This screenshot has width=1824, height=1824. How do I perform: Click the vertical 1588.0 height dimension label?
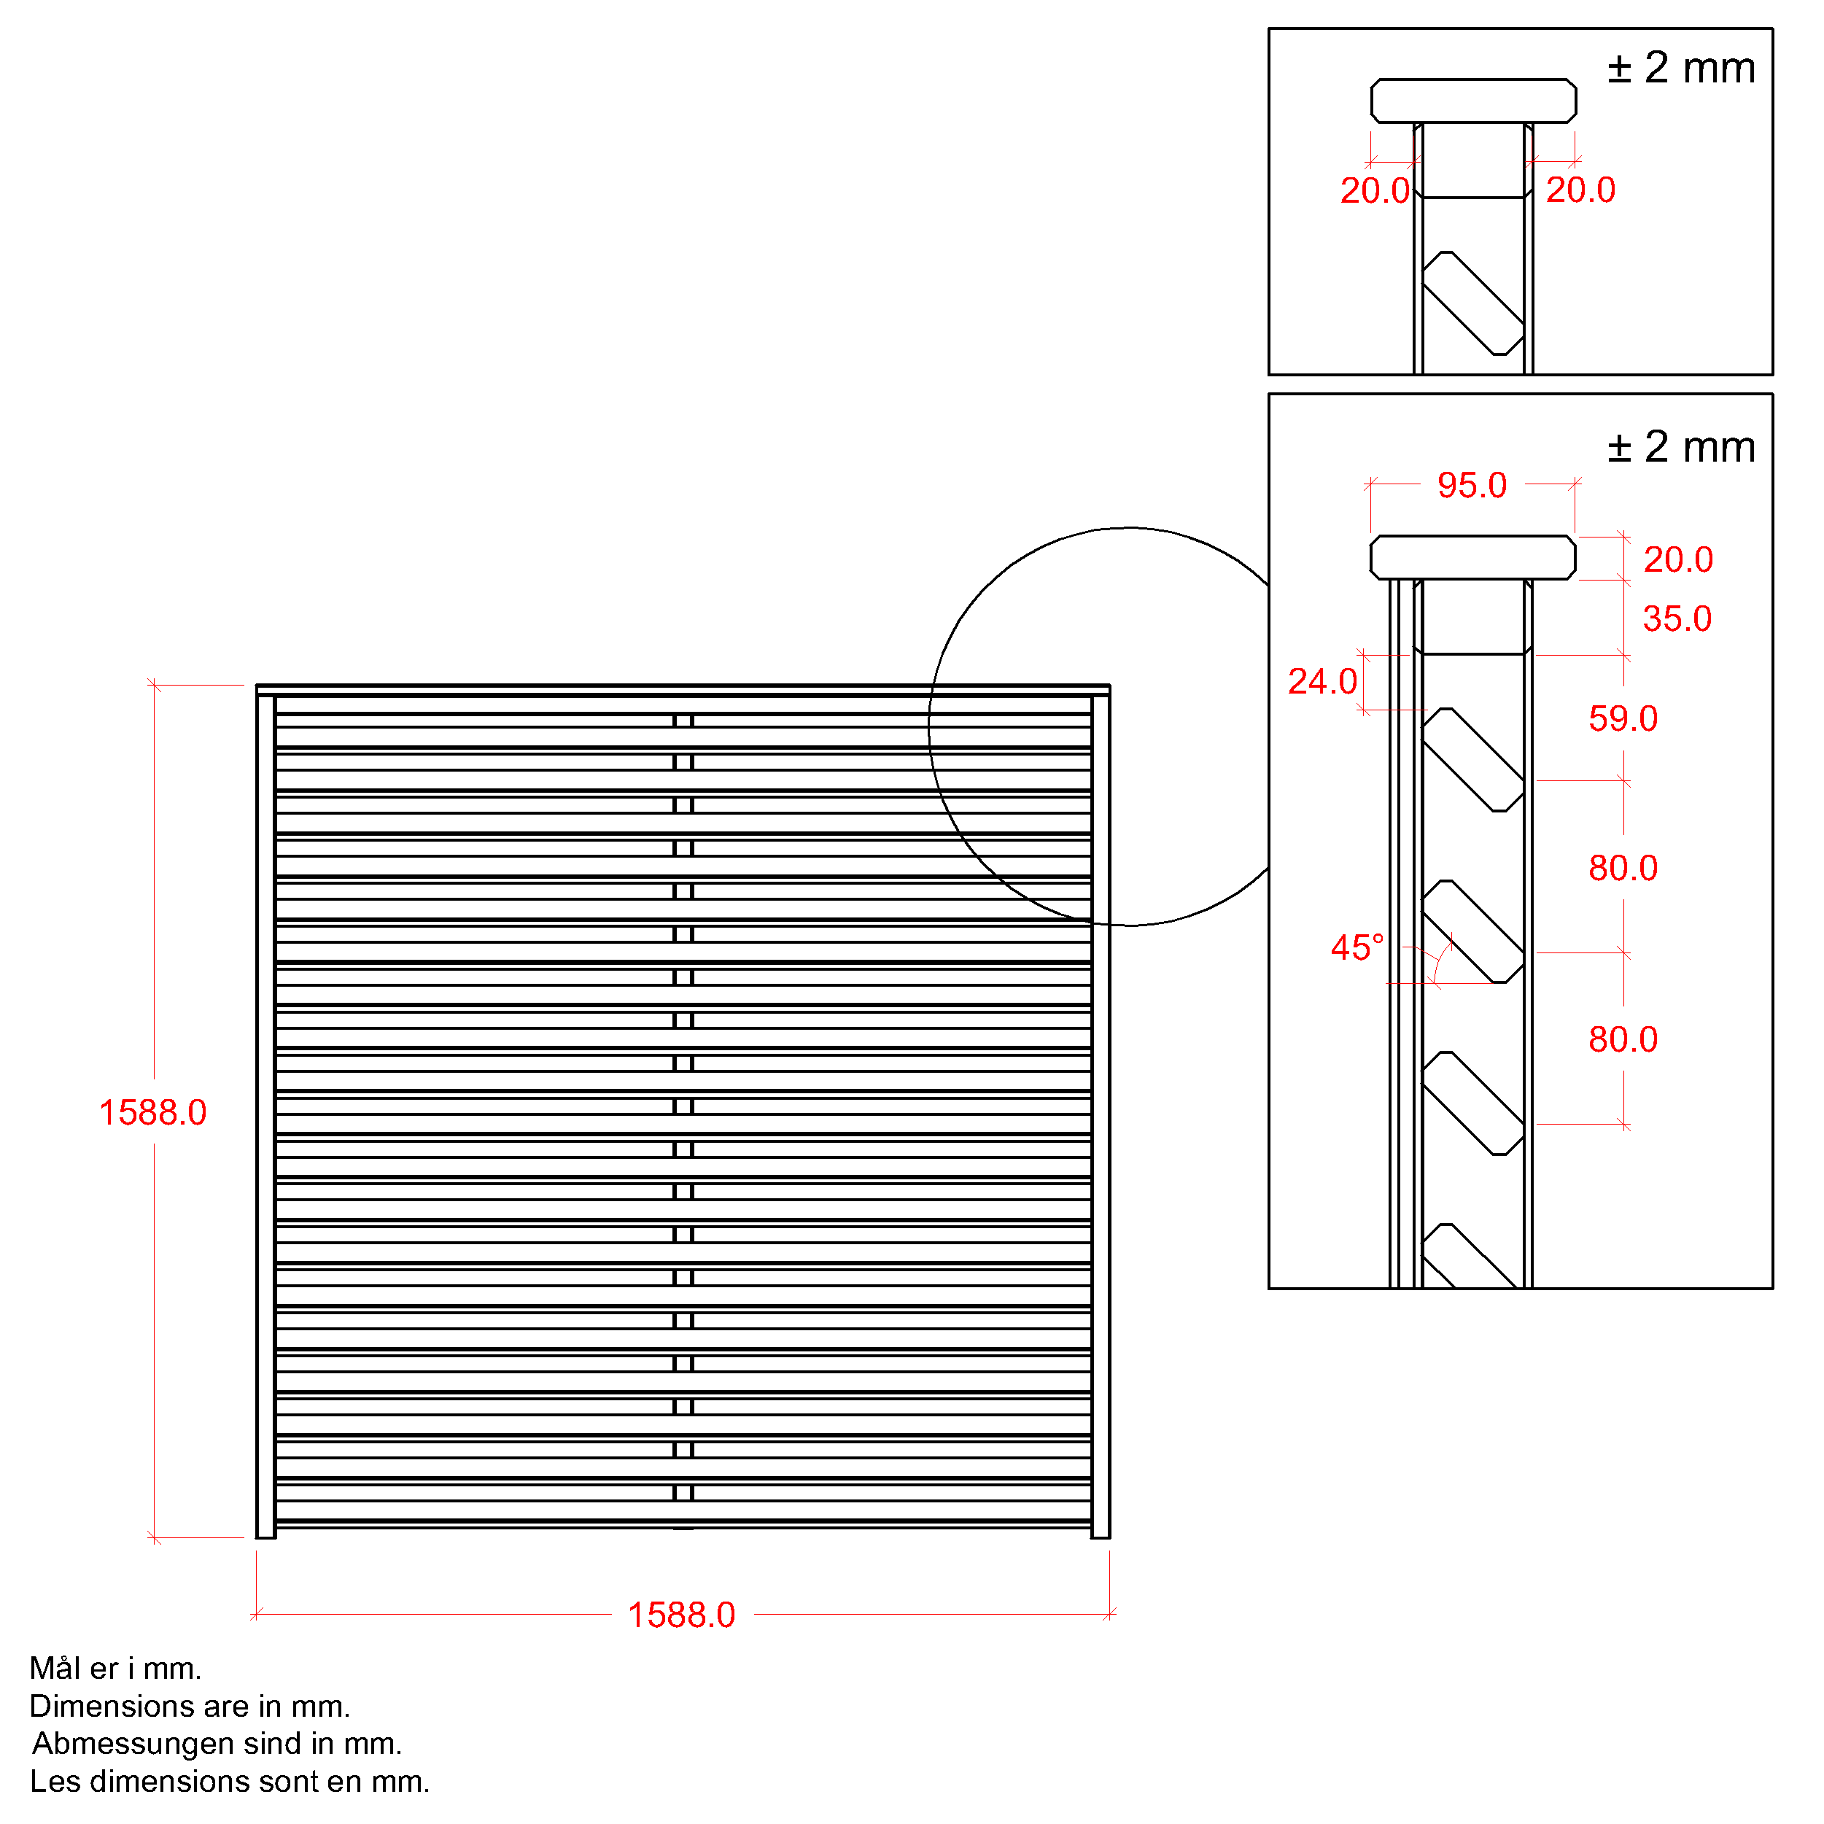coord(153,1113)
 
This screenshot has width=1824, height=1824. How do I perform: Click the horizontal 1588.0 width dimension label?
coord(682,1615)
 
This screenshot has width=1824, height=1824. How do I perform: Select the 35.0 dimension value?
coord(1677,619)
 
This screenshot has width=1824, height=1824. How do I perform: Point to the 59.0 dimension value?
coord(1623,718)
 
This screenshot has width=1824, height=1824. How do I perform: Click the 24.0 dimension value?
coord(1323,682)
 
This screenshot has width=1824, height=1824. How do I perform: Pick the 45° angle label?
coord(1357,948)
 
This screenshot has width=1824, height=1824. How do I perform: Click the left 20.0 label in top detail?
coord(1375,190)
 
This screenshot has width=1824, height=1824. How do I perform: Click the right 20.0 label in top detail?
coord(1580,190)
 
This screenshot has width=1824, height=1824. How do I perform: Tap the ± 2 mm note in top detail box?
coord(1682,68)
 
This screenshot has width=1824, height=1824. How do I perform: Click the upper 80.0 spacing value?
coord(1623,869)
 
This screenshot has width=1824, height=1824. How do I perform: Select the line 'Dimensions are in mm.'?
coord(190,1706)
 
